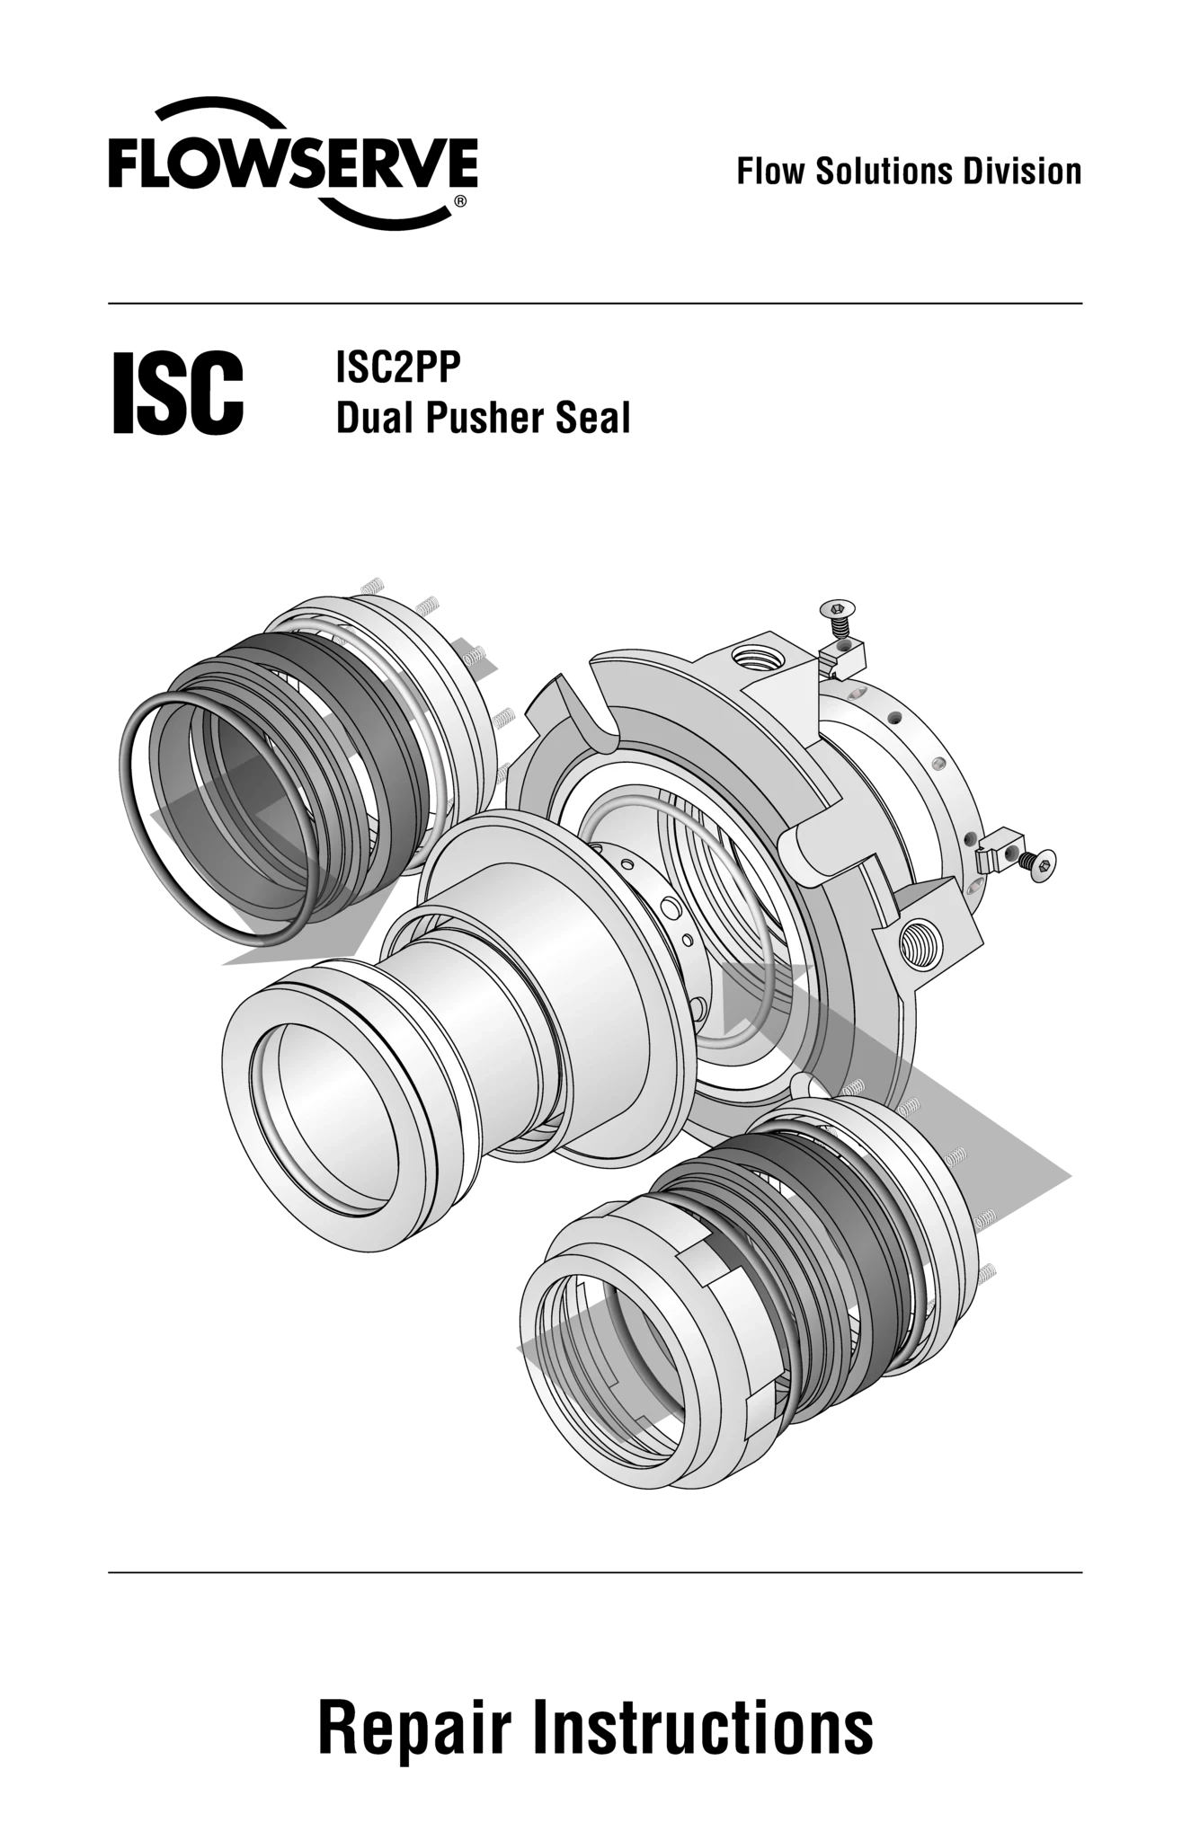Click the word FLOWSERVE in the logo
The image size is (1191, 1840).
pyautogui.click(x=293, y=163)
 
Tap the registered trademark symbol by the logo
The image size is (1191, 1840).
pyautogui.click(x=460, y=201)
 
